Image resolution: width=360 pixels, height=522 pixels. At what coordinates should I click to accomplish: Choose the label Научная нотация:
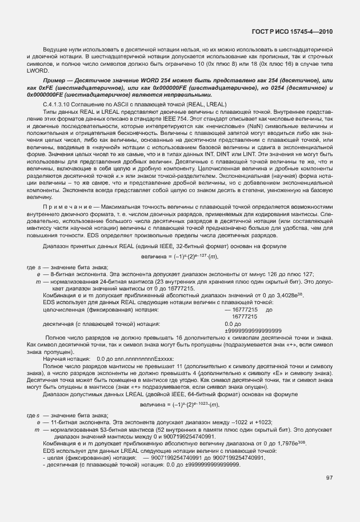69,358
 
